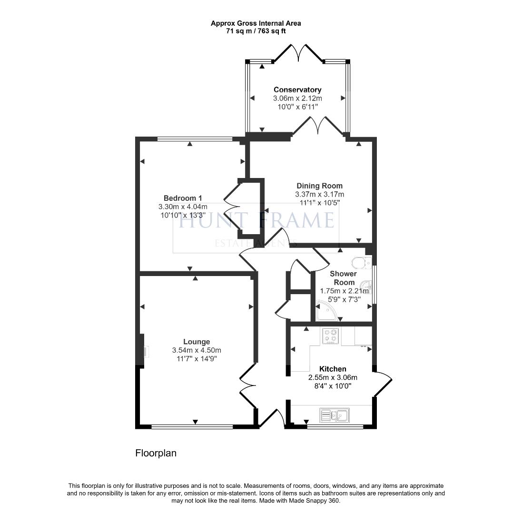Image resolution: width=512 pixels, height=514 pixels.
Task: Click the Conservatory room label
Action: tap(297, 89)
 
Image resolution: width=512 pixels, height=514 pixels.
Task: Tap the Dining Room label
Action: tap(319, 186)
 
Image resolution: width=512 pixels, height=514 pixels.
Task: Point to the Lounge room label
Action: tap(197, 341)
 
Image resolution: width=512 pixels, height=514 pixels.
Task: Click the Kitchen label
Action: tap(333, 369)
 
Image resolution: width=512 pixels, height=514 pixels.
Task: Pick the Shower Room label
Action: tap(343, 278)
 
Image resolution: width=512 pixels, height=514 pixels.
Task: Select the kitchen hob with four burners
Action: tap(330, 336)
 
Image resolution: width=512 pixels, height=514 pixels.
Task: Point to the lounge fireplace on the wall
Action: tap(144, 351)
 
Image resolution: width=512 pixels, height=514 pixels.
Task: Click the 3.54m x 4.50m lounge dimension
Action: tap(197, 350)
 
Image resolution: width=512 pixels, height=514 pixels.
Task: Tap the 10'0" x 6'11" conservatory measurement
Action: tap(297, 107)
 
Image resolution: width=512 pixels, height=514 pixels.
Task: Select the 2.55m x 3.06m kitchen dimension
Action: tap(333, 377)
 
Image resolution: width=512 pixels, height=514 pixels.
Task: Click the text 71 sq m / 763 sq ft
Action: tap(256, 31)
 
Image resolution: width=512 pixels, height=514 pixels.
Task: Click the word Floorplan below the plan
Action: tap(156, 453)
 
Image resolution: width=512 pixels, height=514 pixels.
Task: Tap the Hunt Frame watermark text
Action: tap(256, 221)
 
